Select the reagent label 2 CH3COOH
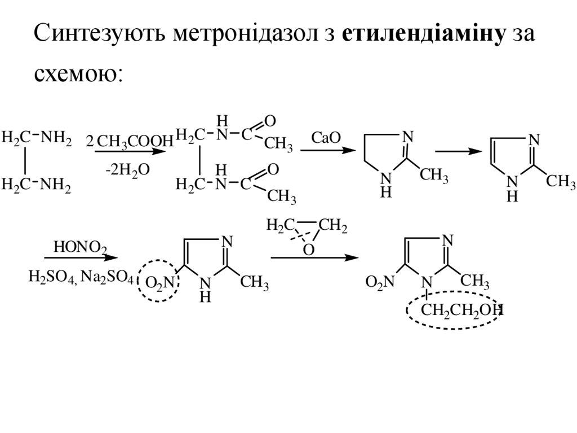point(130,142)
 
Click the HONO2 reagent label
point(79,247)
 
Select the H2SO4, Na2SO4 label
point(80,277)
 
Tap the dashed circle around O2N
point(158,281)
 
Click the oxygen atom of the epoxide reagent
point(308,249)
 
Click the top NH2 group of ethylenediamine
point(57,137)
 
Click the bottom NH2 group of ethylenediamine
point(57,185)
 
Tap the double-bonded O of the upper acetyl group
point(270,120)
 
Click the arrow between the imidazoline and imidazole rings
point(458,151)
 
